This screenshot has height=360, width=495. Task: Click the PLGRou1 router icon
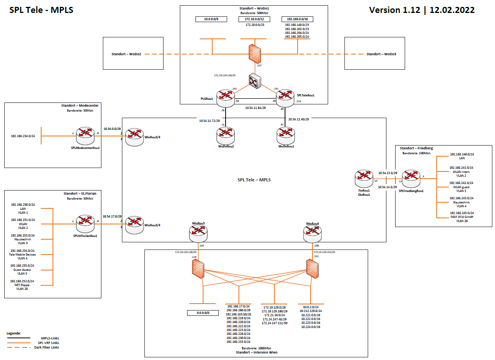pyautogui.click(x=226, y=99)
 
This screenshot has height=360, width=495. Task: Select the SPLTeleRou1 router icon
pyautogui.click(x=285, y=98)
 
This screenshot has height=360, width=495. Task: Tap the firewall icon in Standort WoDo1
pyautogui.click(x=255, y=54)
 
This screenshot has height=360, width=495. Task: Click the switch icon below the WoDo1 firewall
pyautogui.click(x=255, y=81)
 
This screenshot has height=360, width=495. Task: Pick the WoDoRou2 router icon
pyautogui.click(x=226, y=136)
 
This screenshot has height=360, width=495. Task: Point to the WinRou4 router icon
pyautogui.click(x=312, y=234)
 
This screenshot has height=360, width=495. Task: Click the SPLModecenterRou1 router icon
pyautogui.click(x=85, y=136)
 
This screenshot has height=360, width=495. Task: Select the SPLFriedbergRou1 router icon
pyautogui.click(x=411, y=179)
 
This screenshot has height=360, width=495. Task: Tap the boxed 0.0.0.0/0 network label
pyautogui.click(x=203, y=313)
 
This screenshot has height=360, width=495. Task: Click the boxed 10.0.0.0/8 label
pyautogui.click(x=211, y=19)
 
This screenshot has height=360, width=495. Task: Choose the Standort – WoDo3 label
pyautogui.click(x=381, y=54)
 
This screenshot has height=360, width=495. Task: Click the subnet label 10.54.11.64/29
pyautogui.click(x=255, y=108)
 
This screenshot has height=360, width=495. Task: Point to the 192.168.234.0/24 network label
pyautogui.click(x=23, y=136)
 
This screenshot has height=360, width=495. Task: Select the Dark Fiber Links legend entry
pyautogui.click(x=46, y=347)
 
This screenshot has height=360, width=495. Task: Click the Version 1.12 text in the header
pyautogui.click(x=394, y=10)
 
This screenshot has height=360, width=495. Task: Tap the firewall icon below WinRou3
pyautogui.click(x=198, y=269)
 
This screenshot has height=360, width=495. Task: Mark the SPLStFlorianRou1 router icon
pyautogui.click(x=85, y=224)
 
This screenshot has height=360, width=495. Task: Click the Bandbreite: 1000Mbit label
pyautogui.click(x=256, y=348)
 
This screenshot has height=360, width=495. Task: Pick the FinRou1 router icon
pyautogui.click(x=364, y=179)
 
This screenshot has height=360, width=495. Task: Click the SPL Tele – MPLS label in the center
pyautogui.click(x=254, y=180)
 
